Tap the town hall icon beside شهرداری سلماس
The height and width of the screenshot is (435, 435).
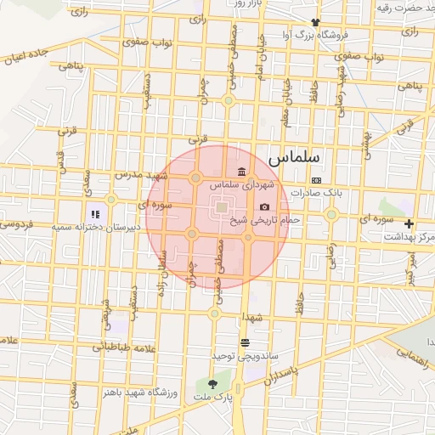243,171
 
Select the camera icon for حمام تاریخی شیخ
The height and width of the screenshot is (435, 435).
264,207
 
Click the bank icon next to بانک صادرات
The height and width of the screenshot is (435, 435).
316,180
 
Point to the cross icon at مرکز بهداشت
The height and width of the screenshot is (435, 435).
410,224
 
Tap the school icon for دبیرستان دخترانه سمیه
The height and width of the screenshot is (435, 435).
95,214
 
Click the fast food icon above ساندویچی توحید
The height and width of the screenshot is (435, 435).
245,342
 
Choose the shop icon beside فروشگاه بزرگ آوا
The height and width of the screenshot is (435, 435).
316,22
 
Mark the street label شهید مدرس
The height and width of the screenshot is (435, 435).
138,174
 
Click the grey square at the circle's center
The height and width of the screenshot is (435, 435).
220,206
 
